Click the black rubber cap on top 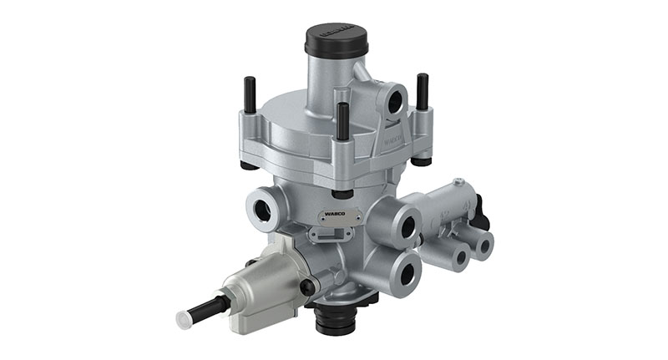333,38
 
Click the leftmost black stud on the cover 248,95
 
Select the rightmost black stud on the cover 423,91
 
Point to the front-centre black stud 342,121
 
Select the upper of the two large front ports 407,226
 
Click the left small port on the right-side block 458,256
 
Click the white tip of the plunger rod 184,319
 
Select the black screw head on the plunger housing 307,286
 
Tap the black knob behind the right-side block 481,213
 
